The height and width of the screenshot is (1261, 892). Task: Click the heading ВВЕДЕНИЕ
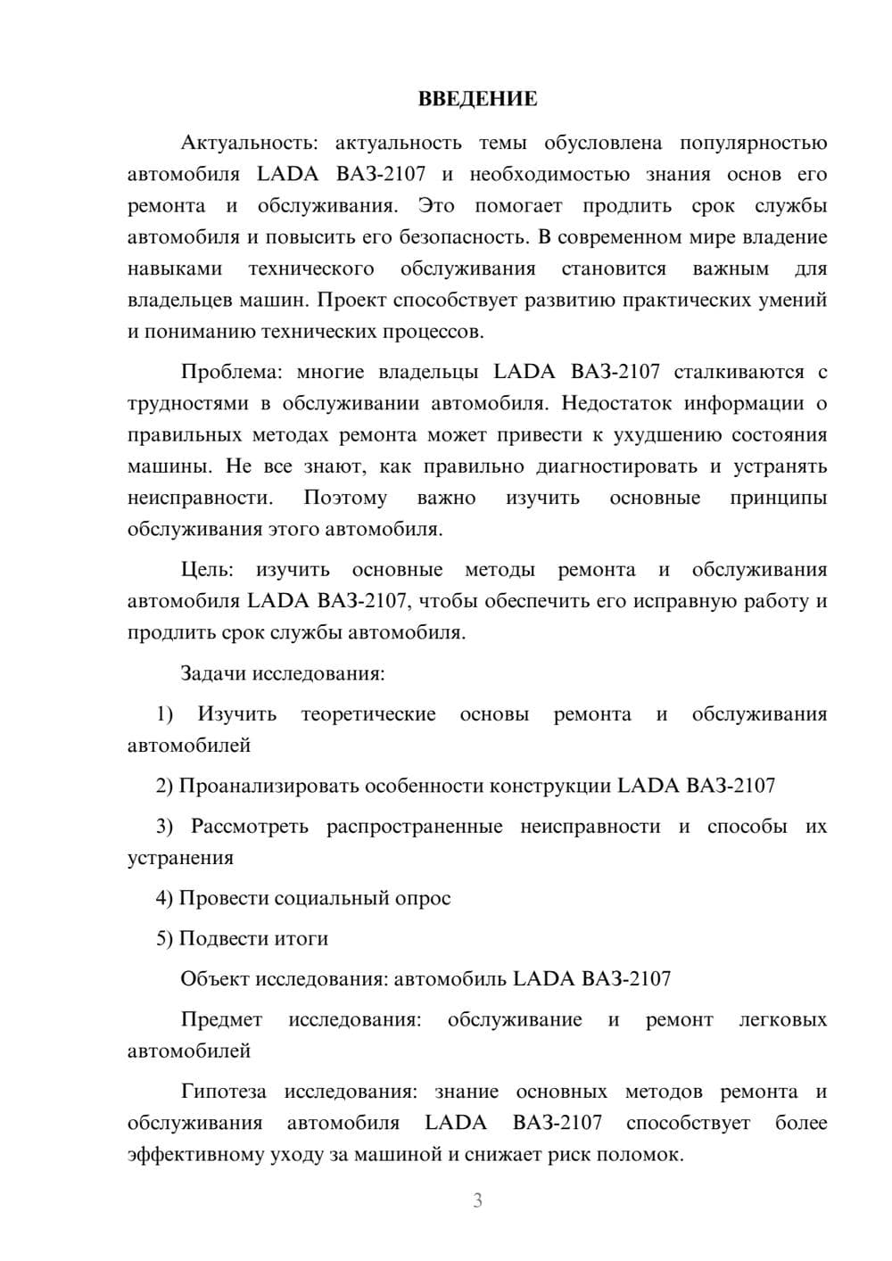[477, 99]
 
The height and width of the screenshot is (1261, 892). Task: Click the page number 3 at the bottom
[477, 1200]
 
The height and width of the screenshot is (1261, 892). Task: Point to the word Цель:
[206, 570]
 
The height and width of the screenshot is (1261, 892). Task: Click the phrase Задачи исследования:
[282, 673]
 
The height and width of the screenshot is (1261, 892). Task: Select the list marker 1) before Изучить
[164, 713]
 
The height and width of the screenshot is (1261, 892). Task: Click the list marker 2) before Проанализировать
[164, 786]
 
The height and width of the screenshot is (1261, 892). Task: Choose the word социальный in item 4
[332, 898]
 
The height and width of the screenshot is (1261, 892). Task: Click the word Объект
[215, 978]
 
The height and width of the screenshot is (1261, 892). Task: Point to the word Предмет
[221, 1019]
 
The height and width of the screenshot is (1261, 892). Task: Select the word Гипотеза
[223, 1092]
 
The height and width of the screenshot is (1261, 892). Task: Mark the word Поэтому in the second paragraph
[345, 498]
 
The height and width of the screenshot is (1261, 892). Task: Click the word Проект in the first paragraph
[351, 300]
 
